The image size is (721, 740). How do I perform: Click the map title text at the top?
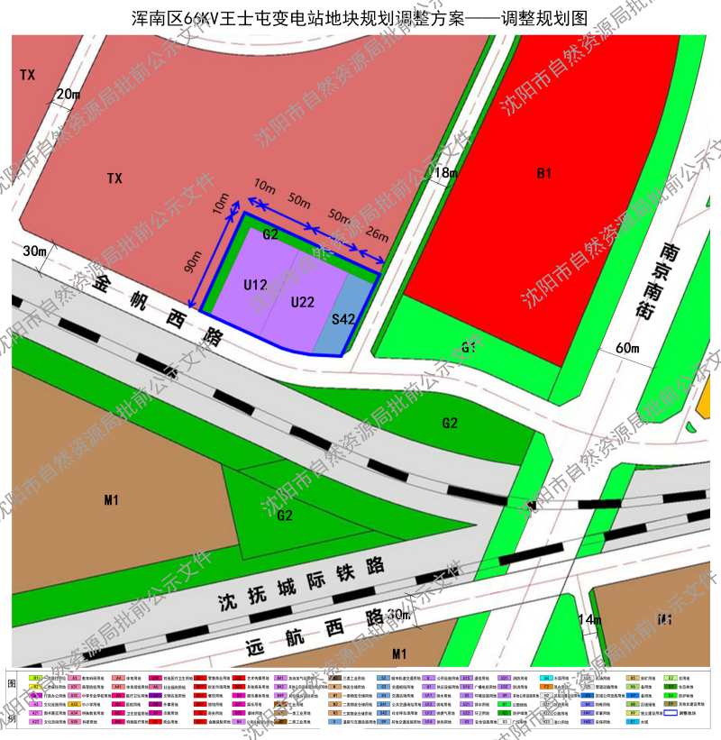360,17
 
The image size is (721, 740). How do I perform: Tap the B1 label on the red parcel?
543,173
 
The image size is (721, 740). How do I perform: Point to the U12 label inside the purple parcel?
256,285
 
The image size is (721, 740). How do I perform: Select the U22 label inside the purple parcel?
303,303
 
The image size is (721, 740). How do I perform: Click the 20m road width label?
68,94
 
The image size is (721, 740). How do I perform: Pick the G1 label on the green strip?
469,348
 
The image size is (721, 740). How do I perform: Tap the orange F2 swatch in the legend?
546,687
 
